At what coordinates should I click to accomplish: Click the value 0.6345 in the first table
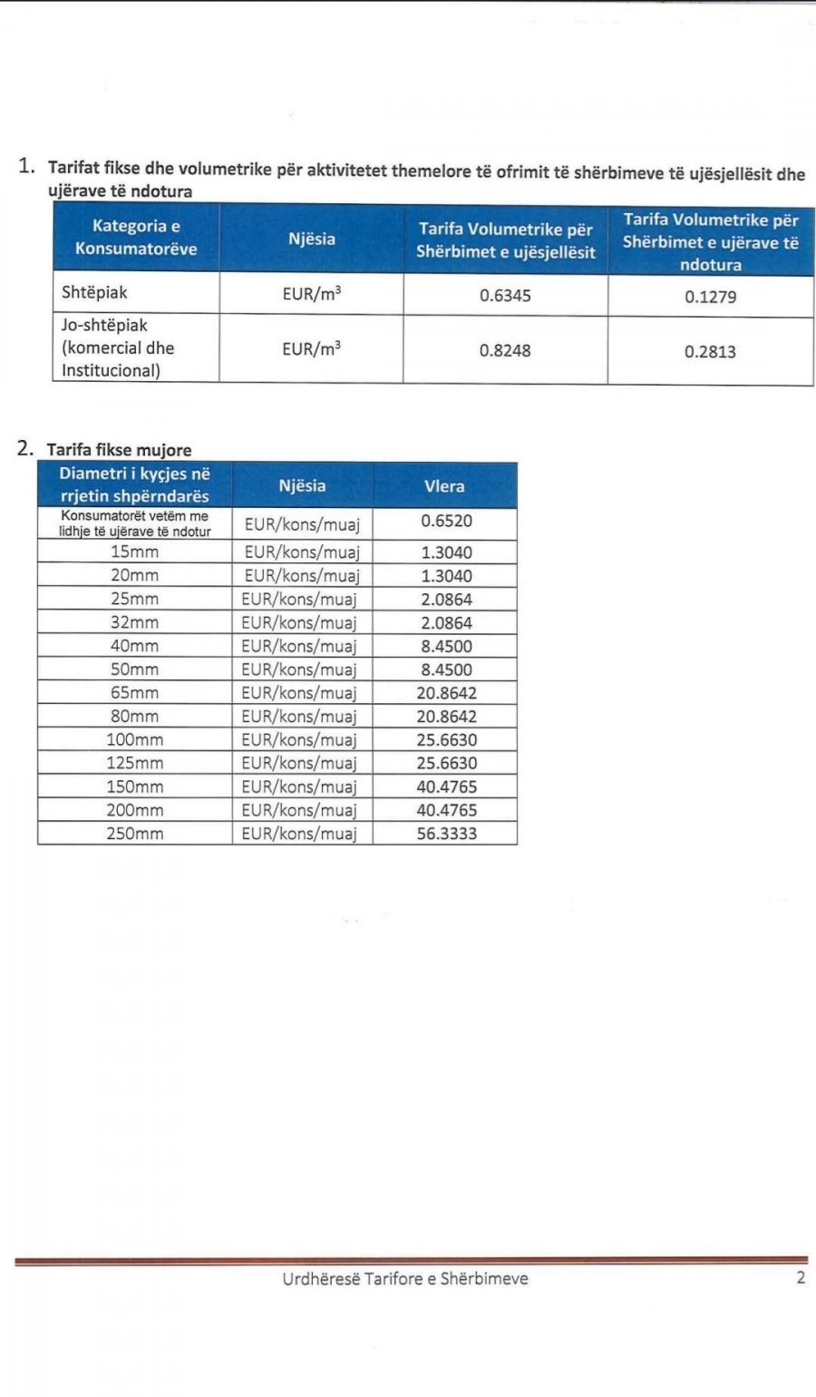(x=505, y=296)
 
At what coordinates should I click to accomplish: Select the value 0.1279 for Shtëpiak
(x=710, y=297)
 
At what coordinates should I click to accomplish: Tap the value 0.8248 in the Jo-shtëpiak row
(x=505, y=350)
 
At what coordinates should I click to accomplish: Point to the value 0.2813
(x=710, y=352)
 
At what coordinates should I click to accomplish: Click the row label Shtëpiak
(x=94, y=293)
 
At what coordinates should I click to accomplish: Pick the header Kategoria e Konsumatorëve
(x=136, y=238)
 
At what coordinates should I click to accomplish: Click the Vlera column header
(x=444, y=486)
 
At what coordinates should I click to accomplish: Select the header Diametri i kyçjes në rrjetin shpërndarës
(x=134, y=485)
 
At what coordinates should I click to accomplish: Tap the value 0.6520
(x=446, y=522)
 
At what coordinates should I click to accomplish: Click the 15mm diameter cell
(x=134, y=552)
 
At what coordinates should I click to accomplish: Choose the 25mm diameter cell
(x=134, y=600)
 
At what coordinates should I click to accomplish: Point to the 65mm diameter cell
(x=134, y=693)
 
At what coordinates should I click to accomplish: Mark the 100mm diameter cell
(x=134, y=740)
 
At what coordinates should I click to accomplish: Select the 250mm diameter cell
(x=134, y=834)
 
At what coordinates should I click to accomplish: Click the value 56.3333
(x=446, y=834)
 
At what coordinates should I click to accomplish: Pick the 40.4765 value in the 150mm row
(x=446, y=787)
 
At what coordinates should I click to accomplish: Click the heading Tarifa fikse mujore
(x=119, y=450)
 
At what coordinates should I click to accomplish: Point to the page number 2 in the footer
(x=800, y=1279)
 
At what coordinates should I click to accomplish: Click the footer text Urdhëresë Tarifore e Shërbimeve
(x=404, y=1279)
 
